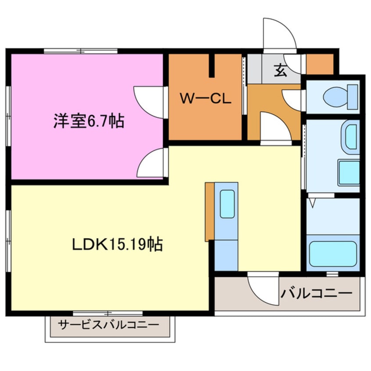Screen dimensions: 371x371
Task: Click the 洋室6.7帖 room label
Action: (x=89, y=121)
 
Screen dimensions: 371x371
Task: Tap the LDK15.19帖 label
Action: (x=117, y=244)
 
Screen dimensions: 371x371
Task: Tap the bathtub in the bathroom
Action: (x=332, y=254)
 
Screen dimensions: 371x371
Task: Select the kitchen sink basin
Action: (x=227, y=204)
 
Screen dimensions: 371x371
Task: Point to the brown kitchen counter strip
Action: (x=209, y=212)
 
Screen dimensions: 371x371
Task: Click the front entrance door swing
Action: (x=279, y=33)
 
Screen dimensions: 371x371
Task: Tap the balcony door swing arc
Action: (x=262, y=287)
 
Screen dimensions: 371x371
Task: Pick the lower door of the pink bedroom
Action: (x=152, y=163)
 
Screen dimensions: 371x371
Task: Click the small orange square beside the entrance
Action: (x=320, y=64)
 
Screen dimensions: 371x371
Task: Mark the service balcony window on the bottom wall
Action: (x=107, y=313)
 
